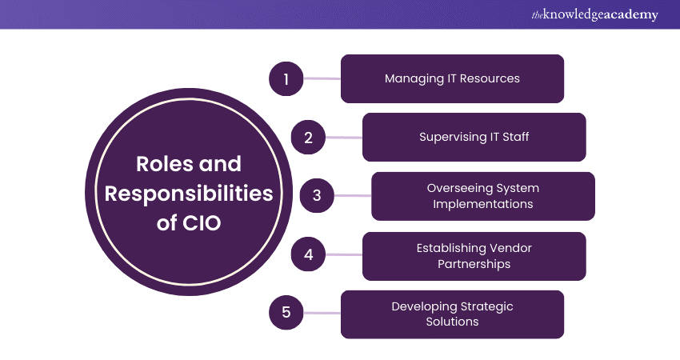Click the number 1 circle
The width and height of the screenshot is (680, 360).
click(286, 78)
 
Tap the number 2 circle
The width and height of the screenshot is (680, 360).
click(307, 137)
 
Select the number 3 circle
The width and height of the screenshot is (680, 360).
click(317, 195)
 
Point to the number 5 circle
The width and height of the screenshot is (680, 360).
click(286, 313)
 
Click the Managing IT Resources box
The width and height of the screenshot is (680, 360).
click(452, 78)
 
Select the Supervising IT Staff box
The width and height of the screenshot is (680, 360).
click(474, 137)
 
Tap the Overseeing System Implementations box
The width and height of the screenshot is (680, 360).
click(482, 196)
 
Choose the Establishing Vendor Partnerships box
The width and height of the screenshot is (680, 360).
click(474, 256)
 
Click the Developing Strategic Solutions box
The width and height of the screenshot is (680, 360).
click(452, 314)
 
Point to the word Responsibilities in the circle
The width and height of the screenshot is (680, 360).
click(188, 193)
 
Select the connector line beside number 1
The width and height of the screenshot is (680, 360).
click(322, 78)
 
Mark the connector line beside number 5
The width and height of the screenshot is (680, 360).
click(322, 313)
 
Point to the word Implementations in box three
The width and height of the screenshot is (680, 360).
click(482, 204)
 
